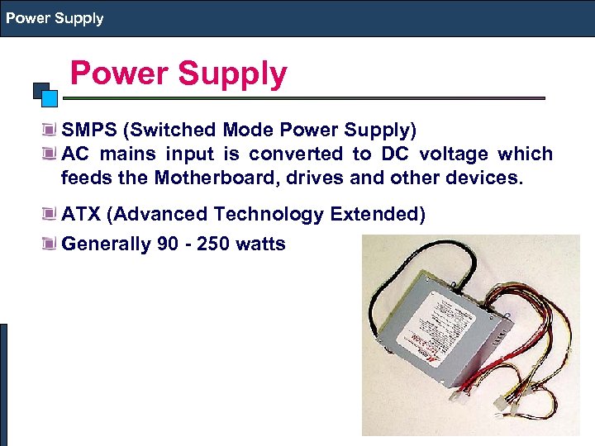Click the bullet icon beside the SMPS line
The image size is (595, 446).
click(51, 130)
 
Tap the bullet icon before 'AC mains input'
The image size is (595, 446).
click(51, 154)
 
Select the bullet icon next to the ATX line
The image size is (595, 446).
click(51, 216)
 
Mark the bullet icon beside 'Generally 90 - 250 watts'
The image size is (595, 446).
click(51, 244)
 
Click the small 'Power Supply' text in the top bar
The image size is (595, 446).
click(55, 18)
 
